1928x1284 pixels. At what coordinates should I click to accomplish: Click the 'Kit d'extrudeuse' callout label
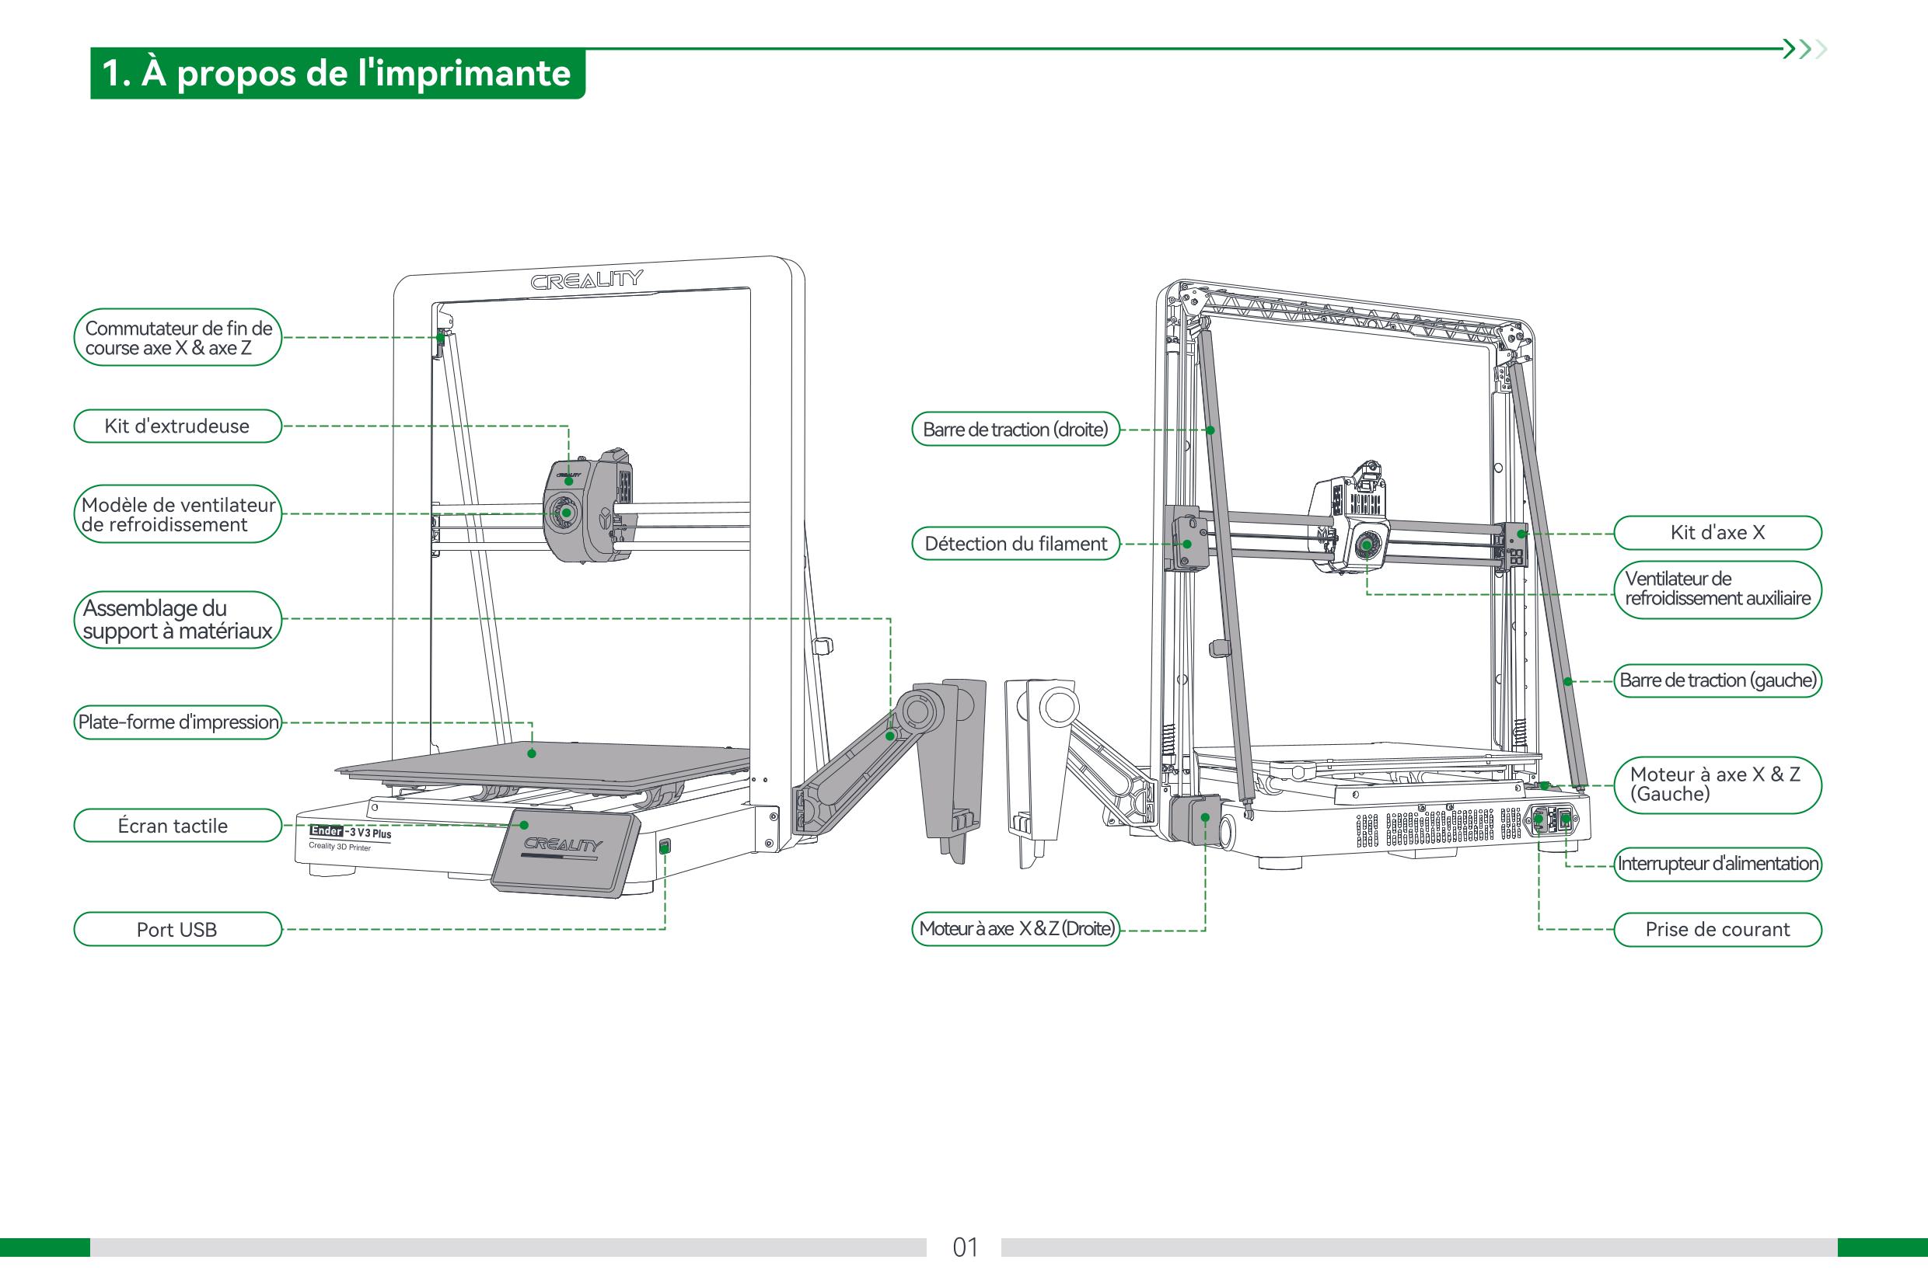click(x=177, y=426)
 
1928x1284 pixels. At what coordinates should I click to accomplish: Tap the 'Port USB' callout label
click(x=177, y=930)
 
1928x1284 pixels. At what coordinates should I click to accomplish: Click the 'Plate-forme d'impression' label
click(x=177, y=722)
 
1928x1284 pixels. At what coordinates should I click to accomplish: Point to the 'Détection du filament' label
click(x=1015, y=544)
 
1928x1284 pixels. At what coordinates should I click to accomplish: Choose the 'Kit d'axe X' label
click(x=1717, y=533)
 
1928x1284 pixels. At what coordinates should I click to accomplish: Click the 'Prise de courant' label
click(x=1717, y=930)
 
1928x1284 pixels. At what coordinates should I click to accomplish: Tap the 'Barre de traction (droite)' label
click(x=1015, y=429)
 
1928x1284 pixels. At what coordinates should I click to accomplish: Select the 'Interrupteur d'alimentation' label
click(x=1717, y=864)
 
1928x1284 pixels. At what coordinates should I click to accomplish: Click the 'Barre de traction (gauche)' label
click(x=1717, y=680)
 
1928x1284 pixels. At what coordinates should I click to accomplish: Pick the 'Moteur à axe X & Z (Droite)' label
click(x=1015, y=928)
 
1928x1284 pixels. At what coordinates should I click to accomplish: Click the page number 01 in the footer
click(x=965, y=1247)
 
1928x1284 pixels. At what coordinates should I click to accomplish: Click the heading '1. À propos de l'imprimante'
click(x=337, y=74)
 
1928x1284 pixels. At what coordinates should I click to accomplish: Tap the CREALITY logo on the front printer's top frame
click(x=586, y=280)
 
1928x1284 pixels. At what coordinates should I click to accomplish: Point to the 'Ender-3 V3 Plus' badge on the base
click(x=351, y=832)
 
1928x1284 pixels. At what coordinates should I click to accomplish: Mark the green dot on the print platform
click(x=532, y=753)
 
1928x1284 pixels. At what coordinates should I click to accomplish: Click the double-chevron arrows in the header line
click(x=1805, y=49)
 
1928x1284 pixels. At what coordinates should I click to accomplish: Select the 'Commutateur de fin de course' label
click(x=177, y=337)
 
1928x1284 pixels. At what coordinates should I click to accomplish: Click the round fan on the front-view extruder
click(x=565, y=513)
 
